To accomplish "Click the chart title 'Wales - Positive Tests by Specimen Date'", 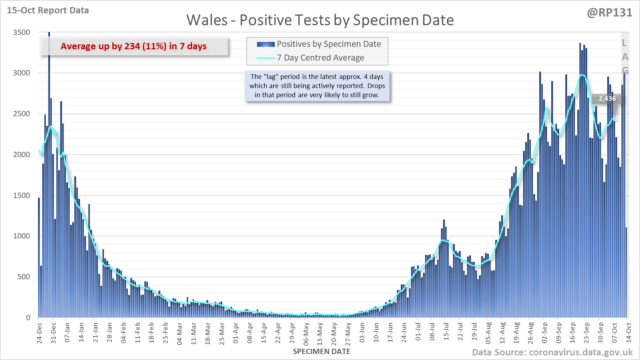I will click(320, 20).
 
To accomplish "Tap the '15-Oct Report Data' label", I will click(48, 11).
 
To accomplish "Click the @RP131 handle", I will click(609, 13).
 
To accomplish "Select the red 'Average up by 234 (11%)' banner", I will click(133, 46).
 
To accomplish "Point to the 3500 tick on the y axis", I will click(21, 32).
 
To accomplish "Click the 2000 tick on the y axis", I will click(21, 155).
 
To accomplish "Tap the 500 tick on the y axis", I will click(24, 277).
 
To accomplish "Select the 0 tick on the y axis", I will click(28, 318).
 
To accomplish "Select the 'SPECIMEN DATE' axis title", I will click(322, 352).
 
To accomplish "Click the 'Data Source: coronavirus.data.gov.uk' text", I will click(552, 353).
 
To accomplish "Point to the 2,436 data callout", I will click(607, 99).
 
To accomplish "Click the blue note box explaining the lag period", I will click(317, 86).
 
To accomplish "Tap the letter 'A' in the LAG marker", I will click(625, 57).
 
